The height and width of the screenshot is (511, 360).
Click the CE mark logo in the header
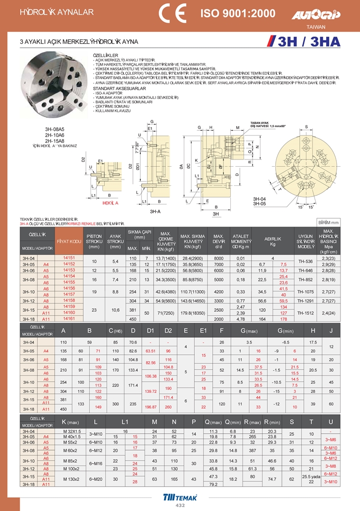(x=172, y=13)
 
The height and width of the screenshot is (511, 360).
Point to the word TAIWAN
(x=316, y=26)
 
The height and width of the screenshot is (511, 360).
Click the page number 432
(x=180, y=506)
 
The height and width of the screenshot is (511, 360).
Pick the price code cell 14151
(x=69, y=257)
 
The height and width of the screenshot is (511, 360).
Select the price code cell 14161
(x=69, y=319)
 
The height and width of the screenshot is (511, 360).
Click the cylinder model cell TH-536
(x=306, y=261)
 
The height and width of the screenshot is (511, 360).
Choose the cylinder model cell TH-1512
(x=306, y=313)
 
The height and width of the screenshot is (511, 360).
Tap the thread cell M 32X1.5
(x=71, y=432)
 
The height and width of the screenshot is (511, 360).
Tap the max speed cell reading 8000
(x=218, y=257)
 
